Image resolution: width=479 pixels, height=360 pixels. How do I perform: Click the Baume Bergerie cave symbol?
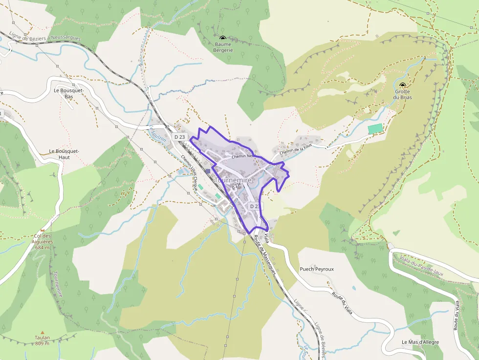coord(223,38)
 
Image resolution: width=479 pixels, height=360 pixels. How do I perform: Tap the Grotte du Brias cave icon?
coord(403,85)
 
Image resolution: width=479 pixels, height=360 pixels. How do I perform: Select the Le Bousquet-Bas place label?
coord(69,93)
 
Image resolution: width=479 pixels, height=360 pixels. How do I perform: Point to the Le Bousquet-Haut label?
coord(64,154)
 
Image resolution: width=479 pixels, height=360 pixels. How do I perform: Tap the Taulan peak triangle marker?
coord(42,332)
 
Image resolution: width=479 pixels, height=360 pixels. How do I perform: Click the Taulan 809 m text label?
coord(42,340)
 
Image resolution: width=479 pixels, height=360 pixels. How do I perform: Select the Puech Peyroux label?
coord(317,269)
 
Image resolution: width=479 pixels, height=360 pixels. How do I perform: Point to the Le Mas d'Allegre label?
coord(420,342)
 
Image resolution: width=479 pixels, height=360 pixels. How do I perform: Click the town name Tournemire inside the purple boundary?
coord(233,180)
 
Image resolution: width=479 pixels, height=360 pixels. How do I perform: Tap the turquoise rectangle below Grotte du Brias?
coord(375,128)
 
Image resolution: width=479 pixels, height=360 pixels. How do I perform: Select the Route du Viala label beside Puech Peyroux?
coord(342,303)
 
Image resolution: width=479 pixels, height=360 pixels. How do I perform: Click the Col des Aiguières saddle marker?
coord(43,229)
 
